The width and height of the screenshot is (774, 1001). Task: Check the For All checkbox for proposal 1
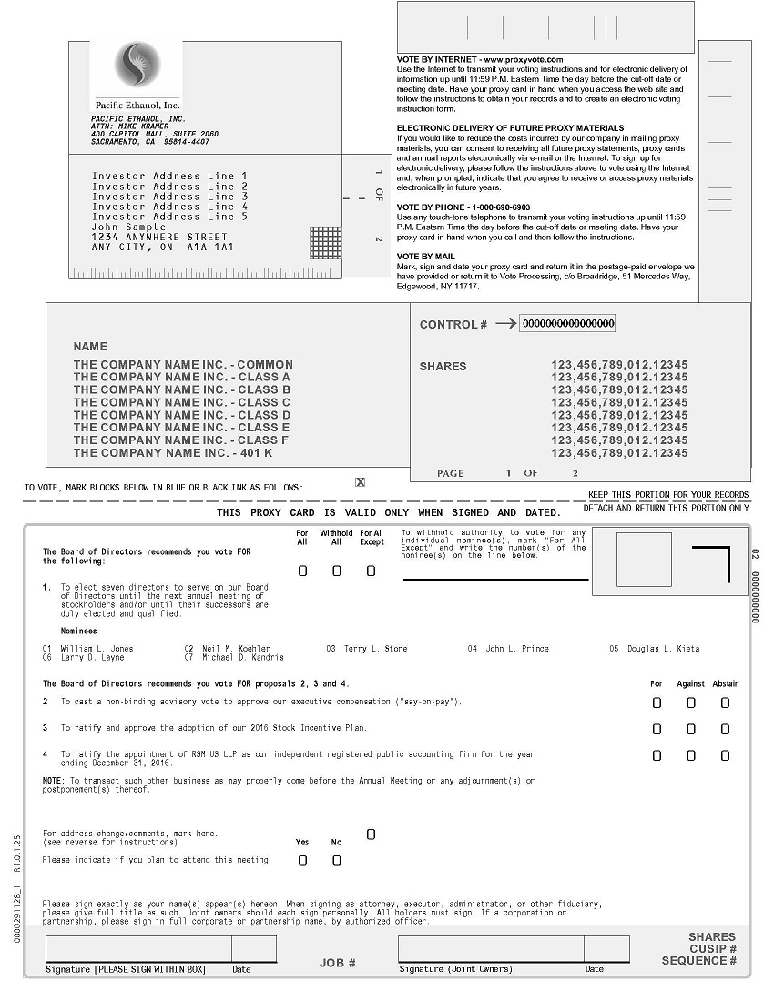pyautogui.click(x=302, y=571)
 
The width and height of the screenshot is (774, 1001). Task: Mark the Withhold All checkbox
pyautogui.click(x=337, y=571)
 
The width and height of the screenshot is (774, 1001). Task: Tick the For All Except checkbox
pyautogui.click(x=371, y=571)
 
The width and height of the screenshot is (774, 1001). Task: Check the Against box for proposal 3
pyautogui.click(x=691, y=729)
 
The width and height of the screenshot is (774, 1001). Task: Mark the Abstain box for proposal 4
pyautogui.click(x=725, y=755)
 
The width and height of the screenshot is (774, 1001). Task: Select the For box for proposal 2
pyautogui.click(x=657, y=703)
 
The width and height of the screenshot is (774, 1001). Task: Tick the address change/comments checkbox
pyautogui.click(x=371, y=834)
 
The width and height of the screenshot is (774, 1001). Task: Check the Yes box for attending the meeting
pyautogui.click(x=302, y=860)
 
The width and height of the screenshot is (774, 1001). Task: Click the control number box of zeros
pyautogui.click(x=567, y=323)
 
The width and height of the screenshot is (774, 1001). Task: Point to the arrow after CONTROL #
pyautogui.click(x=505, y=323)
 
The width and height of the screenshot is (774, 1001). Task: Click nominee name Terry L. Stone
pyautogui.click(x=375, y=649)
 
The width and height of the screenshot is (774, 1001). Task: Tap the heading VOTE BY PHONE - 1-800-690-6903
pyautogui.click(x=463, y=207)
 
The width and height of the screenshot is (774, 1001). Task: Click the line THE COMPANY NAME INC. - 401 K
pyautogui.click(x=173, y=453)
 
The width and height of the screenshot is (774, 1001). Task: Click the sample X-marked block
pyautogui.click(x=361, y=482)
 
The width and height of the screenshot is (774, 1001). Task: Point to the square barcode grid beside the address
pyautogui.click(x=325, y=243)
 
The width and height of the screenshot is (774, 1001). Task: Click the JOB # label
pyautogui.click(x=337, y=963)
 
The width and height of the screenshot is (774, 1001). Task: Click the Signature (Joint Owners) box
pyautogui.click(x=490, y=949)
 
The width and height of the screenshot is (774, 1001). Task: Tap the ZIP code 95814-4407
pyautogui.click(x=187, y=142)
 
